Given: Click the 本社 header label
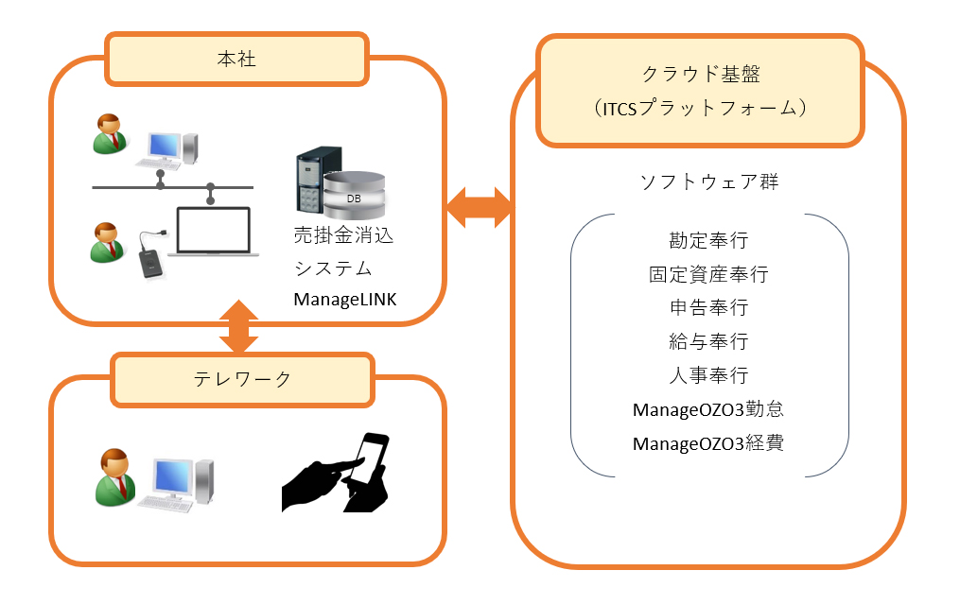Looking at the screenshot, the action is coord(236,60).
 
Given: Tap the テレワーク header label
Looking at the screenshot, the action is coord(242,379).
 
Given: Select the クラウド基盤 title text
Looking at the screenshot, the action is coord(701,74).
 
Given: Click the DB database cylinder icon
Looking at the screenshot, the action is coord(354,196).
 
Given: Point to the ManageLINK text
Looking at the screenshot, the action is coord(344,299).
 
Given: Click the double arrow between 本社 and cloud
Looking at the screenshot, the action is coord(480,207).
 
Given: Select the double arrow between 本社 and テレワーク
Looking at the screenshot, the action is coord(238,327).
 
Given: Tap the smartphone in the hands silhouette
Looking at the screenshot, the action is coord(371,458).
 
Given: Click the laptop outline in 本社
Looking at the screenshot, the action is coord(213,232).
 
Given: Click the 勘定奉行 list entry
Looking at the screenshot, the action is coord(708,240).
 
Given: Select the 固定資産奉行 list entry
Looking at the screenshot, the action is coord(708,274).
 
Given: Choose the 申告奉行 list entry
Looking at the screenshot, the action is coord(708,308).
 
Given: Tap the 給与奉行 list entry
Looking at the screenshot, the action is coord(708,341).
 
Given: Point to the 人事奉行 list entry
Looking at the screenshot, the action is coord(708,375).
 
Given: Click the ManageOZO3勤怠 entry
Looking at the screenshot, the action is coord(708,409).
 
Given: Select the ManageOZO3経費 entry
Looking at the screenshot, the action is coord(708,443).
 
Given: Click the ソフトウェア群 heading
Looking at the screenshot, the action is coord(709,181).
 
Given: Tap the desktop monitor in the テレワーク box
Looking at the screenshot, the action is coord(172,479).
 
